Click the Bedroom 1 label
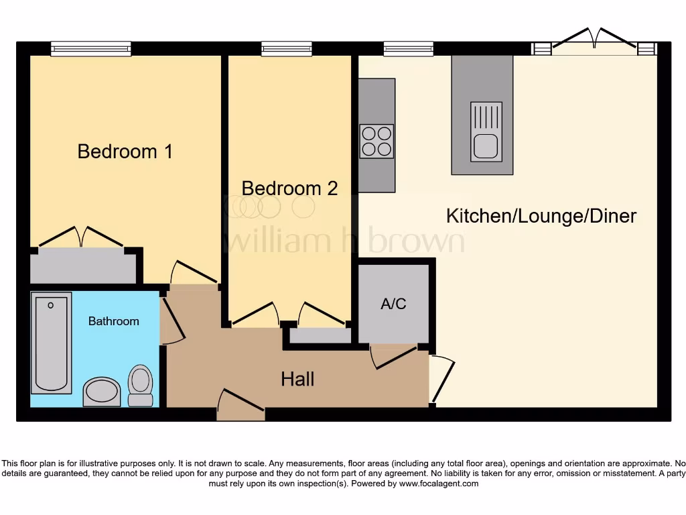click(125, 152)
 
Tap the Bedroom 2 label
click(289, 188)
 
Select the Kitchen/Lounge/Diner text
click(541, 216)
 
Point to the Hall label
click(297, 380)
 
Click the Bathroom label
click(114, 321)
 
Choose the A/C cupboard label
click(393, 304)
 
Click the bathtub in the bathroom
click(51, 343)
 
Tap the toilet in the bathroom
click(140, 385)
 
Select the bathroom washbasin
click(102, 392)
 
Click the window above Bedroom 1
click(90, 48)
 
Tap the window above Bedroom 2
click(286, 48)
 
